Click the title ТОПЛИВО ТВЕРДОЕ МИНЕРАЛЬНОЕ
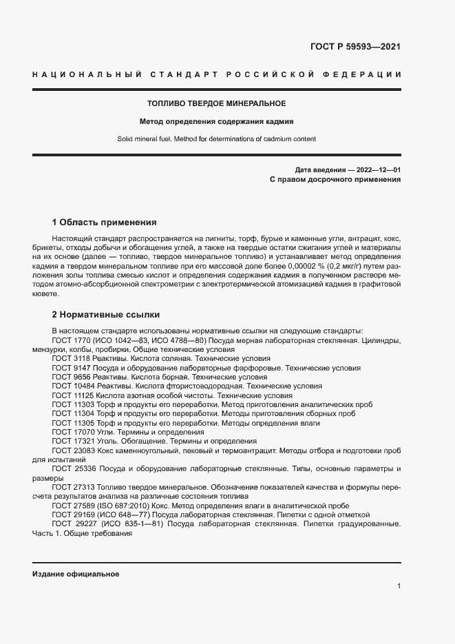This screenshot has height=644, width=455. point(217,103)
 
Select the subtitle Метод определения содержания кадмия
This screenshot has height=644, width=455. point(217,121)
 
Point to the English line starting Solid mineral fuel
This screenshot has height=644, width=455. point(217,138)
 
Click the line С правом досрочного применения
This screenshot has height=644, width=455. point(335,179)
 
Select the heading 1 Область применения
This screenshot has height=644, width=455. point(105,222)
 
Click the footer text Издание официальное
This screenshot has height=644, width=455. point(76,574)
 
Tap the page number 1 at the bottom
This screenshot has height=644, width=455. point(399,586)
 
